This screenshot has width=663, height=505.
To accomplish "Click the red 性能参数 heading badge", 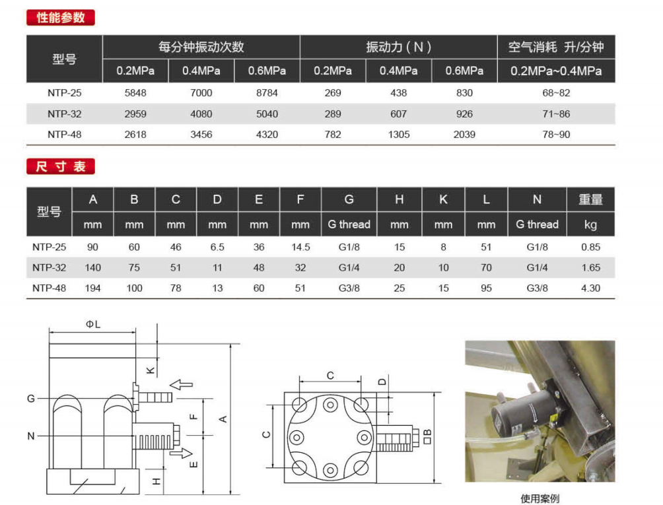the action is tap(61, 17).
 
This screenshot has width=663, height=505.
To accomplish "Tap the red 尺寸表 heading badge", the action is tap(61, 166).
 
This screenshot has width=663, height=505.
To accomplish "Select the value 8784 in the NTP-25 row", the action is tap(267, 93).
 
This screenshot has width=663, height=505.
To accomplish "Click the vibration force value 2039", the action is tap(464, 135).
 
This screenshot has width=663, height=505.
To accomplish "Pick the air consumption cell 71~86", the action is tap(556, 114).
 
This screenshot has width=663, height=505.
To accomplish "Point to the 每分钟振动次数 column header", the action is tap(201, 46).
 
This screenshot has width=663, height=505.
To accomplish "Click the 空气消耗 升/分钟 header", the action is tap(556, 46).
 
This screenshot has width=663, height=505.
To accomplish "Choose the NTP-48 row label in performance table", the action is tap(64, 135).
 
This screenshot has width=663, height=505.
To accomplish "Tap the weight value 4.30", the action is tap(591, 288).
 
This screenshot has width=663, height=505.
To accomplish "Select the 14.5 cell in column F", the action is tap(300, 247).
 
